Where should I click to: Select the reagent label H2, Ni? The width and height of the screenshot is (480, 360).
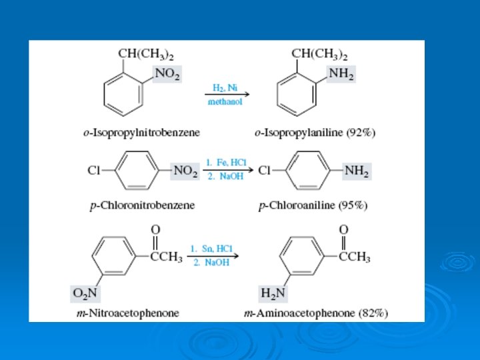pyautogui.click(x=225, y=87)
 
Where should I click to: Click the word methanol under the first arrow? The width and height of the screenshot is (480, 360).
pyautogui.click(x=225, y=102)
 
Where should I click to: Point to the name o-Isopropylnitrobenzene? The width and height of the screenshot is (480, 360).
pyautogui.click(x=141, y=133)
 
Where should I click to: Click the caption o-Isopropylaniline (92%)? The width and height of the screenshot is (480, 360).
pyautogui.click(x=315, y=133)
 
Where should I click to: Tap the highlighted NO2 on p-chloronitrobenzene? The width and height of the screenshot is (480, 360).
pyautogui.click(x=185, y=171)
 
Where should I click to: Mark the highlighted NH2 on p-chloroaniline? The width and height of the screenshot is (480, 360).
pyautogui.click(x=357, y=171)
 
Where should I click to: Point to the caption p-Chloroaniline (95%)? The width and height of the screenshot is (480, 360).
pyautogui.click(x=313, y=205)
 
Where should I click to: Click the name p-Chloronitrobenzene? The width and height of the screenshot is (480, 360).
pyautogui.click(x=143, y=205)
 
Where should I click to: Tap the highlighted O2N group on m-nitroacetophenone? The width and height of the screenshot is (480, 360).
pyautogui.click(x=85, y=292)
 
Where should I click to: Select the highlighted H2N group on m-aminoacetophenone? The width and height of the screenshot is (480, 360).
pyautogui.click(x=273, y=292)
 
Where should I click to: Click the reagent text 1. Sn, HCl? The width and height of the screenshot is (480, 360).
pyautogui.click(x=211, y=249)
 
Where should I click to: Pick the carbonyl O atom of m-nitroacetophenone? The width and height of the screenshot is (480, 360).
pyautogui.click(x=155, y=229)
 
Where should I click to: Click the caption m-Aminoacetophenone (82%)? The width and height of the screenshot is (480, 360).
pyautogui.click(x=316, y=313)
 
